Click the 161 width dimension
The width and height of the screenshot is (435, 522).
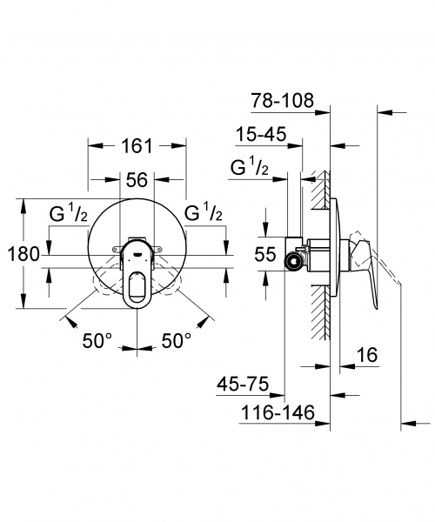pos(137,146)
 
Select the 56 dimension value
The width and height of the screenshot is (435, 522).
pos(137,180)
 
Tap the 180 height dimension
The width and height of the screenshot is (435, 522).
pos(23,254)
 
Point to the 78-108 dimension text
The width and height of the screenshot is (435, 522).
pos(282,100)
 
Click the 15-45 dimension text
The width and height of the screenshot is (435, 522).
pos(261,135)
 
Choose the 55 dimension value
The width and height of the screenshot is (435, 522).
pos(265,255)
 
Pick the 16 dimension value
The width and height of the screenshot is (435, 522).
pos(367,355)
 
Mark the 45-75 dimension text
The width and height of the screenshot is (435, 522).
pos(243,385)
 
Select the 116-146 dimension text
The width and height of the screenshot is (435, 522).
pos(278,412)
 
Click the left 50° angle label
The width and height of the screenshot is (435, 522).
pos(97,340)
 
